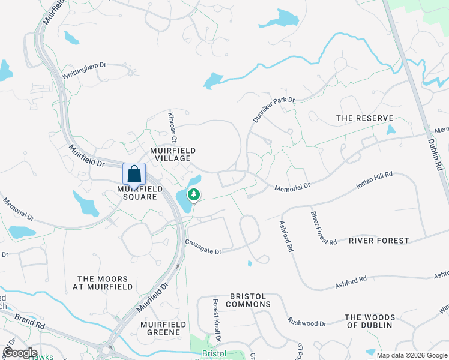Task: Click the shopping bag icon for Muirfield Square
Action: tap(134, 174)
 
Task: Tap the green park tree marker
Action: tap(194, 194)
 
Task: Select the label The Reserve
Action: tap(364, 118)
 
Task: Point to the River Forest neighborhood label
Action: tap(379, 241)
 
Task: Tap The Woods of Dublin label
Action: tap(370, 321)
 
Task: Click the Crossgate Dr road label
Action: tap(203, 247)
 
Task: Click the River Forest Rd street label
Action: tap(324, 228)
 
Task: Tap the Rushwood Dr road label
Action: tap(307, 323)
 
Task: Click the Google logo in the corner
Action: tap(20, 353)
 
